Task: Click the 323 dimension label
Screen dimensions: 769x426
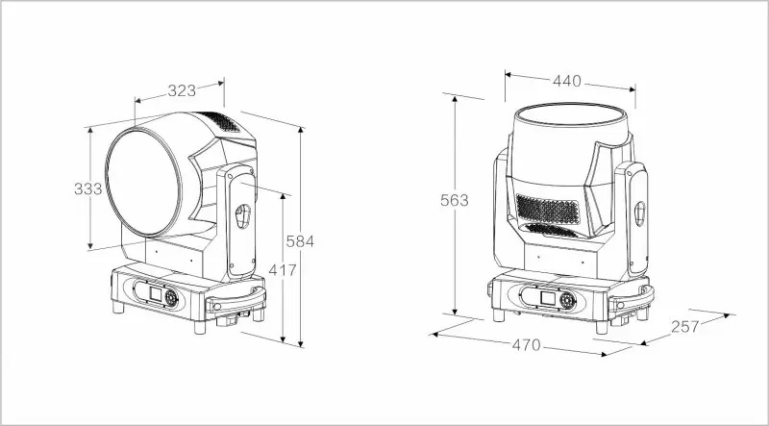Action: click(182, 90)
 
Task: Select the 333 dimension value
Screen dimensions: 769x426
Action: click(87, 188)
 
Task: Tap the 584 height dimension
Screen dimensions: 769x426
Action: click(300, 241)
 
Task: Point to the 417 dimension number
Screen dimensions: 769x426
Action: click(283, 270)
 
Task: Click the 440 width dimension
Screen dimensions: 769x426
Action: click(567, 81)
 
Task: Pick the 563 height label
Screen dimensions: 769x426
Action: click(454, 200)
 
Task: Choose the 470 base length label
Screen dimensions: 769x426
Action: click(526, 345)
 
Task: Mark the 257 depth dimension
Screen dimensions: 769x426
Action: click(684, 327)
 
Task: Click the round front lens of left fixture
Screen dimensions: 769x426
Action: click(143, 183)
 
